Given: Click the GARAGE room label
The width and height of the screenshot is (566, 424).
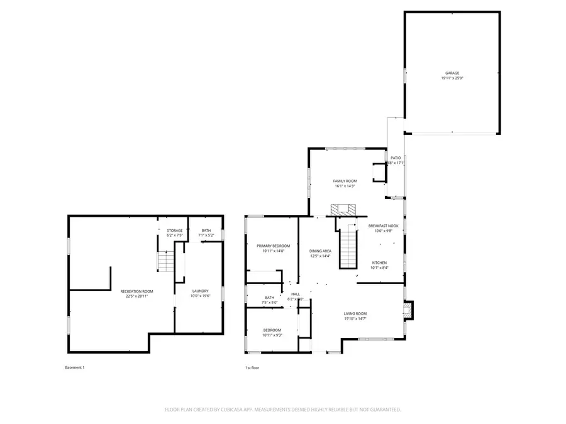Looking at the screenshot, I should coord(452,73).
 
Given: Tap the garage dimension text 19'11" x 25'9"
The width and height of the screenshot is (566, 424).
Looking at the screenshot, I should coord(452,79).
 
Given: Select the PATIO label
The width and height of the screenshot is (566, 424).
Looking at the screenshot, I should coord(396,158).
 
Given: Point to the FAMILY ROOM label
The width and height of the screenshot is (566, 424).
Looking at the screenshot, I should coord(345,181).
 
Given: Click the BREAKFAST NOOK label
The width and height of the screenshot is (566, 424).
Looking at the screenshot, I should coord(384,226).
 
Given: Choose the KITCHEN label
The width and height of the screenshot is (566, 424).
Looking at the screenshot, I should coord(379,263).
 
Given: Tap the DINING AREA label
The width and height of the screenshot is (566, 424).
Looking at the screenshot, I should coord(320,251).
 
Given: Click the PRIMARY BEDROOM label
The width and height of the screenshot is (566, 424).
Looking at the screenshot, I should coord(273,246).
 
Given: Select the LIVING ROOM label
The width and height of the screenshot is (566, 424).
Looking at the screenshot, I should coord(355,313).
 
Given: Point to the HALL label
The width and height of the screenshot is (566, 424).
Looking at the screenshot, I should coord(296,294).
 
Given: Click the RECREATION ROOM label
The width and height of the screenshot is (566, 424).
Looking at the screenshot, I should coord(136,291).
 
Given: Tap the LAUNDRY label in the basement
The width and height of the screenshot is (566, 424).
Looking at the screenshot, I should coord(200,291).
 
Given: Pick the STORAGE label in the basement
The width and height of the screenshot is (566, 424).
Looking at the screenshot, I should coord(175,231).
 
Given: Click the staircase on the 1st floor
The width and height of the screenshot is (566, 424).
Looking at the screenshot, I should coord(348,248).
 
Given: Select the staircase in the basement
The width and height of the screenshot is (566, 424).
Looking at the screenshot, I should coord(165,261).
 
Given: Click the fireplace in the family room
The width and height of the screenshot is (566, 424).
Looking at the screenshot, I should coord(344,209).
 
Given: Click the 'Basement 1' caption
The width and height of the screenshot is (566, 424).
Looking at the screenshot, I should coord(74,367).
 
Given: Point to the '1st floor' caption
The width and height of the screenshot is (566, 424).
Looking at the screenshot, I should coord(252,367).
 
